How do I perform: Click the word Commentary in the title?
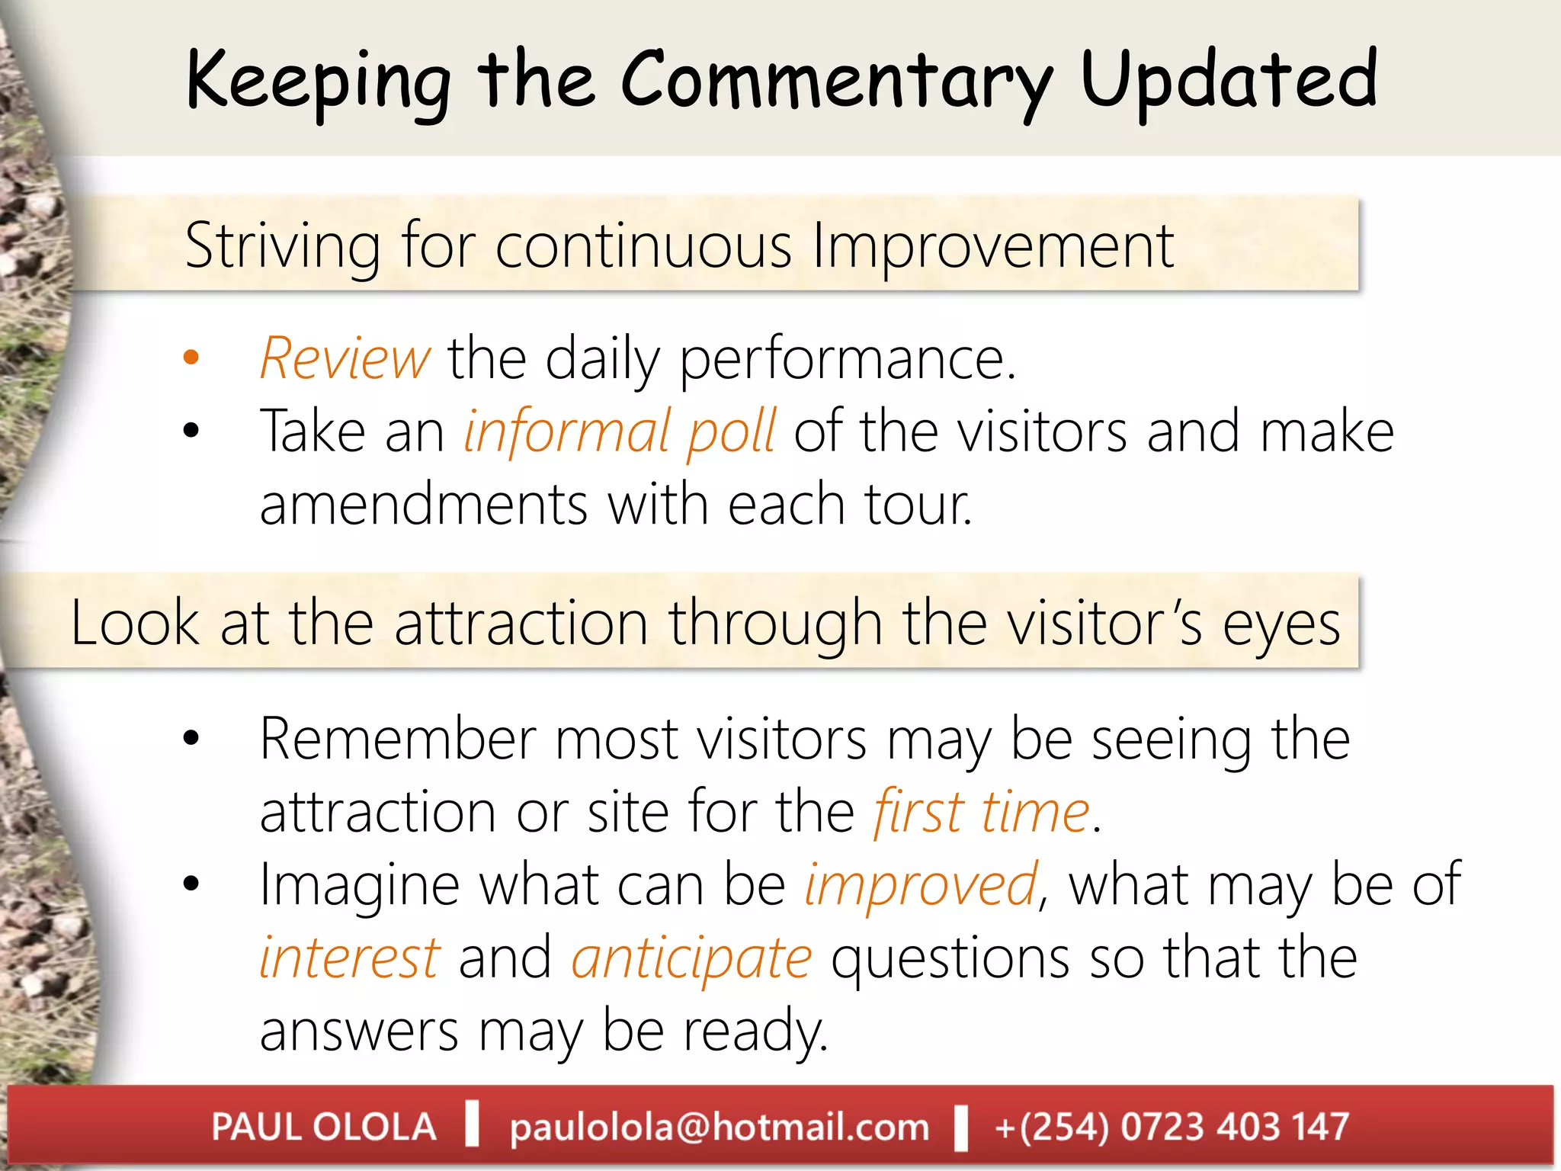[837, 80]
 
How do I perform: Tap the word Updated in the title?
[1229, 80]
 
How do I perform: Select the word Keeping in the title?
[319, 80]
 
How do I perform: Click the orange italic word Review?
[345, 358]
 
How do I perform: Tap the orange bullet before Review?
[191, 357]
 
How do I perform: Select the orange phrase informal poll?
[620, 432]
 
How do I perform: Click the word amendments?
[424, 504]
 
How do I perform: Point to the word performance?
[848, 358]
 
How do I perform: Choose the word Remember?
[397, 739]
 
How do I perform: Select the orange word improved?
[922, 884]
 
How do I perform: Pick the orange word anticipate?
[691, 958]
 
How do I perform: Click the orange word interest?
[350, 958]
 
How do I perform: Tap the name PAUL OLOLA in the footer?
[324, 1127]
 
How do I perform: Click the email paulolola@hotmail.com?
[720, 1127]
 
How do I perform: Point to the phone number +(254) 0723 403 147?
[1172, 1127]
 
